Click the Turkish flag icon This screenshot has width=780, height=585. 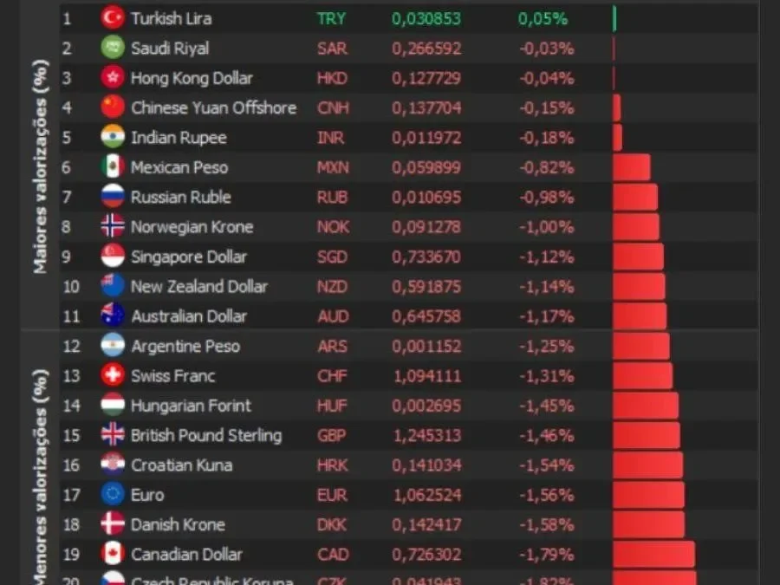(x=113, y=18)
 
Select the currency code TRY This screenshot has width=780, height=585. (x=331, y=18)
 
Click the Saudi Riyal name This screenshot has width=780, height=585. (x=170, y=49)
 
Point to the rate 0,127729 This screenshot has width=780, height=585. (x=426, y=78)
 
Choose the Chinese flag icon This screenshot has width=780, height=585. (x=113, y=107)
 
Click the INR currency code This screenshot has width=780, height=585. (x=331, y=138)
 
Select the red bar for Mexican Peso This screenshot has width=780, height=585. (x=631, y=167)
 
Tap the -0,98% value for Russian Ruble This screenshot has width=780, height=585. (x=546, y=198)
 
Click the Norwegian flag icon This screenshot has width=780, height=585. (x=113, y=227)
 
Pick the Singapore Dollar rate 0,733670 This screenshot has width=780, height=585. (x=426, y=257)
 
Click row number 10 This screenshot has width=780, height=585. (x=70, y=287)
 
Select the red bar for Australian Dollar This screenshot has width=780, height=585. (x=640, y=316)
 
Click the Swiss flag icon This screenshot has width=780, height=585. (x=113, y=376)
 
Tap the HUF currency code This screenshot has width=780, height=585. (x=332, y=406)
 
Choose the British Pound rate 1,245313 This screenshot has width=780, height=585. (x=426, y=435)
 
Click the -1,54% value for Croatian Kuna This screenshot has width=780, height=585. (x=546, y=465)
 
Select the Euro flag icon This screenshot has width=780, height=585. (x=113, y=495)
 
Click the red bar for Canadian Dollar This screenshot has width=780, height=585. (x=653, y=555)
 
